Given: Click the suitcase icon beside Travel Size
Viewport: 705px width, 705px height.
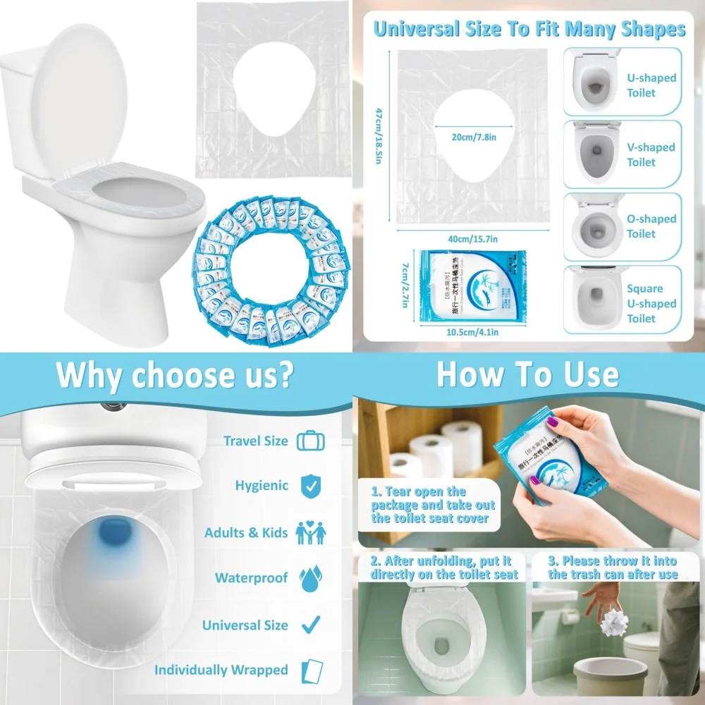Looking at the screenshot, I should tap(311, 441).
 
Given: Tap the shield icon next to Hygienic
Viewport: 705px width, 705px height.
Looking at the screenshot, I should tap(310, 486).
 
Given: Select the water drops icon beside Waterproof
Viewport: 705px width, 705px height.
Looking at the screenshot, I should tap(311, 579).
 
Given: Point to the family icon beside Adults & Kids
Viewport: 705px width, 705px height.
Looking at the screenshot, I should tap(310, 533).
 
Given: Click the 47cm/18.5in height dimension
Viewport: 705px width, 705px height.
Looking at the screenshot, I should tap(378, 136).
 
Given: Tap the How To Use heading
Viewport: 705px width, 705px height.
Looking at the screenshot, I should tap(527, 374).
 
